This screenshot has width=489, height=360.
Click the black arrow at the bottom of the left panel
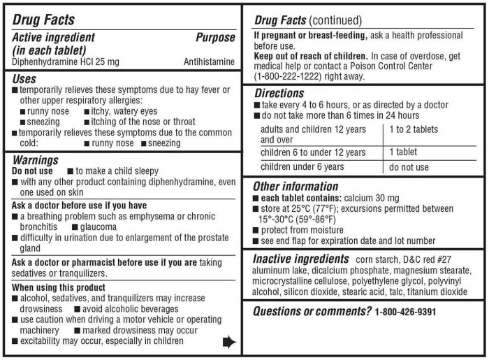(x=228, y=342)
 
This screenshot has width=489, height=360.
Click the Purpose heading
(x=215, y=38)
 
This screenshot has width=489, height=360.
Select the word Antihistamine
(x=209, y=62)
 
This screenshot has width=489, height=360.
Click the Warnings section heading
(x=36, y=160)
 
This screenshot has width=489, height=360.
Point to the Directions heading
(x=279, y=93)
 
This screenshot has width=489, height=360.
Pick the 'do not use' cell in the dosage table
(x=409, y=167)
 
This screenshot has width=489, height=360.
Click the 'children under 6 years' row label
(x=302, y=167)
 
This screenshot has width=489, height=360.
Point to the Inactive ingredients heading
(x=300, y=259)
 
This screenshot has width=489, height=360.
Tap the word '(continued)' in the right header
(x=337, y=20)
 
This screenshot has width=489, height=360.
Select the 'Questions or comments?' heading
(x=312, y=311)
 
